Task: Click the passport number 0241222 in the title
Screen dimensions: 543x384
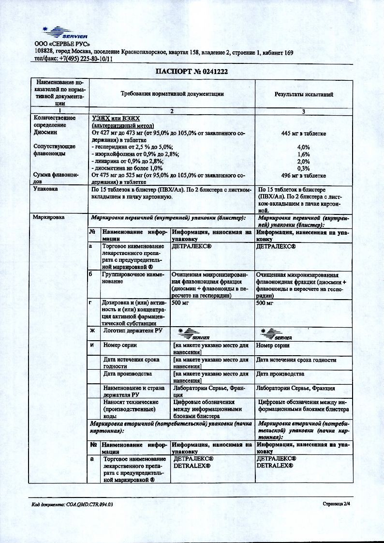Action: pos(210,71)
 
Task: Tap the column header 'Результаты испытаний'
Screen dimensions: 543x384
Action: pos(304,94)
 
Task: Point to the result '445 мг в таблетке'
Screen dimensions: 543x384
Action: pos(303,133)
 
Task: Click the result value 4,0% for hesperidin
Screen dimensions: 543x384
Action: pos(303,147)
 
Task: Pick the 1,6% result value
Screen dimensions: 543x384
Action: pos(303,154)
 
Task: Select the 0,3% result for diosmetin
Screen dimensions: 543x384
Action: pos(303,168)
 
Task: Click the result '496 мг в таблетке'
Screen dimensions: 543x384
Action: pos(303,175)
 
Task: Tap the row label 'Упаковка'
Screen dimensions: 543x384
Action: pos(45,190)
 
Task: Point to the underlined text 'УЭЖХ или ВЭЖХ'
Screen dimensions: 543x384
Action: pos(115,118)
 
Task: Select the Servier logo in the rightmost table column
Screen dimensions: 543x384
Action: pos(276,333)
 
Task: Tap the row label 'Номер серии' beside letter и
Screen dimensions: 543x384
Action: pos(120,346)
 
